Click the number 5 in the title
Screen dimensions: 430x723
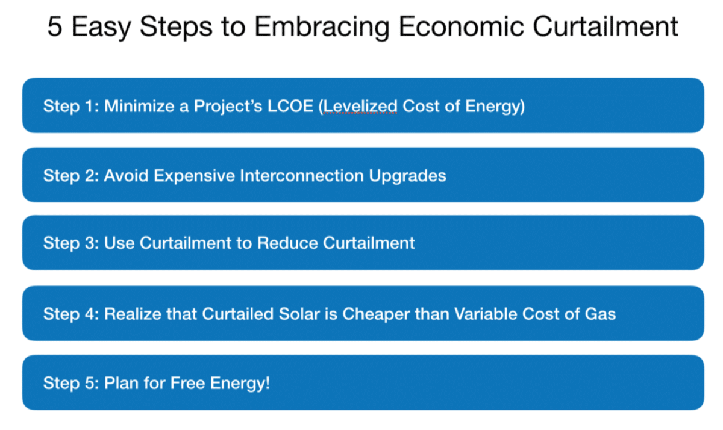55,27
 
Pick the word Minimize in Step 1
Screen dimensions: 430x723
131,106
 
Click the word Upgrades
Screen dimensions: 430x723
408,175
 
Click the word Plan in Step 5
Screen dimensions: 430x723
117,383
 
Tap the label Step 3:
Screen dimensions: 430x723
71,243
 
